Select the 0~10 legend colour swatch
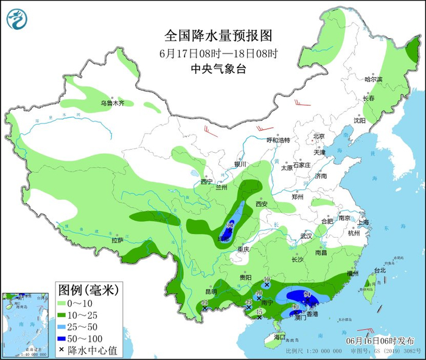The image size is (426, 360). pyautogui.click(x=63, y=302)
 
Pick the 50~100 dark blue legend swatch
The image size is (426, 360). pyautogui.click(x=63, y=338)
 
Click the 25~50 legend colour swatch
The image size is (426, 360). pyautogui.click(x=63, y=326)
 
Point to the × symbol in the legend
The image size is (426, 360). pyautogui.click(x=63, y=350)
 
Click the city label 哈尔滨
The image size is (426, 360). pyautogui.click(x=373, y=80)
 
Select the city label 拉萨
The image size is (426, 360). pyautogui.click(x=117, y=241)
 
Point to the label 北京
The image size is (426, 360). pyautogui.click(x=319, y=136)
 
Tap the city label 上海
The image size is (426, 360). pyautogui.click(x=364, y=223)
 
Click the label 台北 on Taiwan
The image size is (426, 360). pyautogui.click(x=379, y=270)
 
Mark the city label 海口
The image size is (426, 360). pyautogui.click(x=279, y=337)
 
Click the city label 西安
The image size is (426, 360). pyautogui.click(x=262, y=205)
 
